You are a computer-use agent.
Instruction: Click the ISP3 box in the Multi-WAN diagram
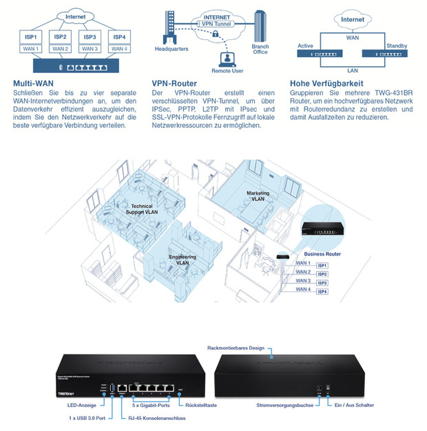pyautogui.click(x=89, y=36)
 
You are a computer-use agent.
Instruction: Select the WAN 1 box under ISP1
pyautogui.click(x=31, y=48)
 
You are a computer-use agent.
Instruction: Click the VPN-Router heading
pyautogui.click(x=174, y=83)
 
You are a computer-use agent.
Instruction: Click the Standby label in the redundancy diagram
pyautogui.click(x=397, y=45)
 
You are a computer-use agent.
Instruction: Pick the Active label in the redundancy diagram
pyautogui.click(x=306, y=45)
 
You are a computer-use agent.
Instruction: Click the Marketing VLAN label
pyautogui.click(x=258, y=196)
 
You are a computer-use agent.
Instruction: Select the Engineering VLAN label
pyautogui.click(x=183, y=260)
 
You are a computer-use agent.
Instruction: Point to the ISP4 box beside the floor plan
pyautogui.click(x=322, y=292)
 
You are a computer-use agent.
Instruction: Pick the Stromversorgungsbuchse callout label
pyautogui.click(x=285, y=406)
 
